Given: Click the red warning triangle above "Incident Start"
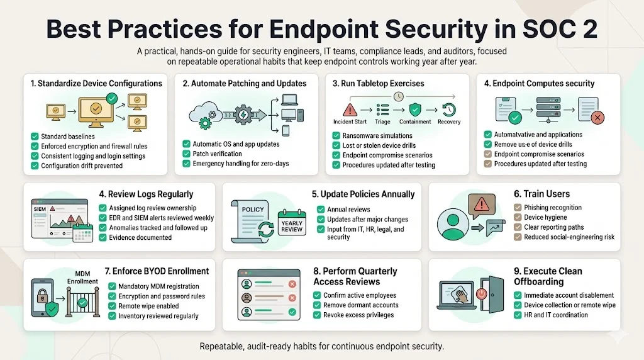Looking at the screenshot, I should click(x=349, y=108).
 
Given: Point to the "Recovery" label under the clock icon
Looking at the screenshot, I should click(x=448, y=121).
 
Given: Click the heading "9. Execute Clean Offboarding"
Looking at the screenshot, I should click(x=548, y=276).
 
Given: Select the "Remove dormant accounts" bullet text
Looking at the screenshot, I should click(x=360, y=305).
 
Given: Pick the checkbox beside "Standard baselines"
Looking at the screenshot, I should click(x=34, y=136).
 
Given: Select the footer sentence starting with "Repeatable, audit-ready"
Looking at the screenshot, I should click(x=321, y=346).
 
